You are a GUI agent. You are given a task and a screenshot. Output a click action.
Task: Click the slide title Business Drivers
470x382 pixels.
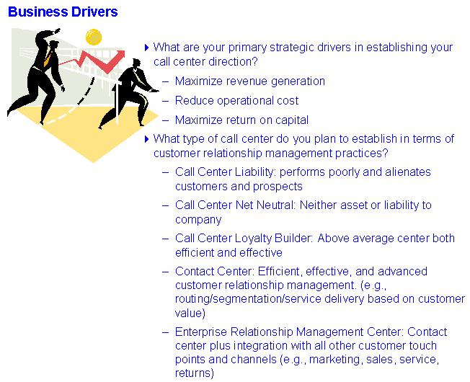[63, 12]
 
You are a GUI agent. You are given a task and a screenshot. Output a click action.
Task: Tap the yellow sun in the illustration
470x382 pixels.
[94, 37]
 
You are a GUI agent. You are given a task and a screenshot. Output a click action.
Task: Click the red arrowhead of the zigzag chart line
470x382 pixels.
[120, 55]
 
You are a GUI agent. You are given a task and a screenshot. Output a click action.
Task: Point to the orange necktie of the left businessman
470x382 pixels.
[48, 58]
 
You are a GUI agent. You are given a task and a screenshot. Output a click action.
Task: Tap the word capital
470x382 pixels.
[292, 120]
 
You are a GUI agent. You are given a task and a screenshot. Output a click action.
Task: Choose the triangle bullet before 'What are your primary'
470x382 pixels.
[147, 48]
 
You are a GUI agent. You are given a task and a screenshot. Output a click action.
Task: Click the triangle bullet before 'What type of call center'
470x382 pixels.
[147, 139]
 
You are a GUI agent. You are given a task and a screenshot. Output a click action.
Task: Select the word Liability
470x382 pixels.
[254, 172]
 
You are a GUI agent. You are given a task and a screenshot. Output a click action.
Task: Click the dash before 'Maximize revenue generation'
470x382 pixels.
[166, 81]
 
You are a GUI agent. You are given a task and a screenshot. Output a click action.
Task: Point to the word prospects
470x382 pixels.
[276, 187]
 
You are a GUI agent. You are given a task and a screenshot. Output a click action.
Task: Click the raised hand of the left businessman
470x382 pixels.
[56, 31]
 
